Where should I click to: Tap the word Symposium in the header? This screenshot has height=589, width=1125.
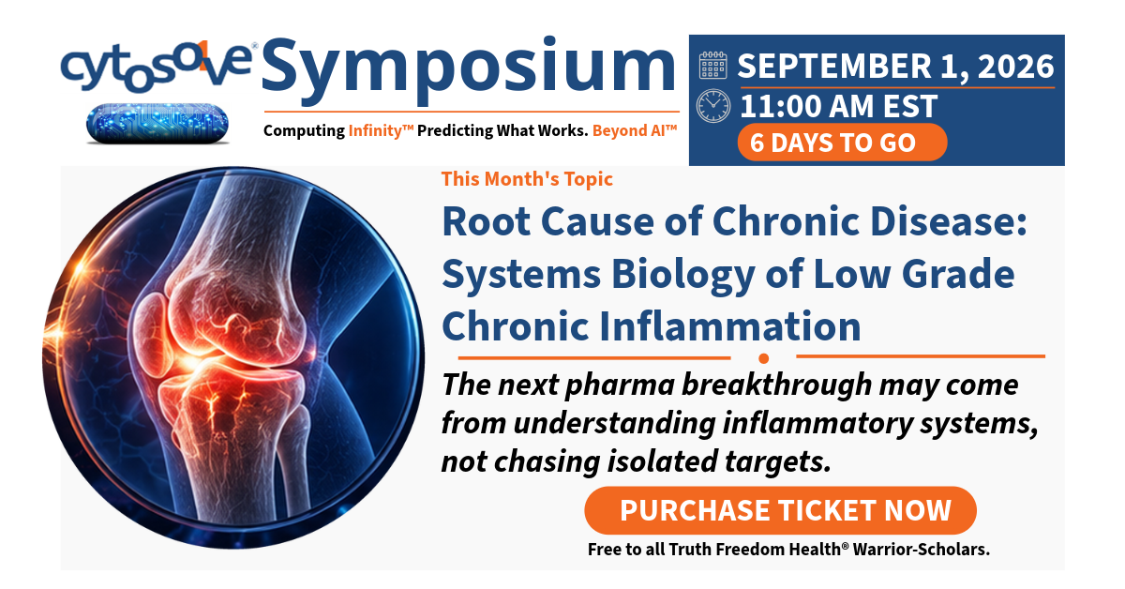click(469, 70)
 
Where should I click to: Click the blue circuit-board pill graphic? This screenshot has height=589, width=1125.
click(157, 123)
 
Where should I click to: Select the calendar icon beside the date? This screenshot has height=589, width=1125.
click(712, 66)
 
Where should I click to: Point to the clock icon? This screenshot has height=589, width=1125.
click(713, 106)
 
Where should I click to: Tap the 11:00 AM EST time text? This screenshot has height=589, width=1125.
click(839, 106)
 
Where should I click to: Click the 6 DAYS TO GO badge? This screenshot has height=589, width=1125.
click(842, 143)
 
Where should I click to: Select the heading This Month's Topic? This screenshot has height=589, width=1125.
click(527, 179)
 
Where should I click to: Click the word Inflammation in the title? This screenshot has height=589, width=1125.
click(729, 326)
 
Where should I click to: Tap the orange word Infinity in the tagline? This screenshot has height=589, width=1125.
click(381, 130)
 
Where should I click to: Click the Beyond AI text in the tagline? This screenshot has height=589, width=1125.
click(635, 130)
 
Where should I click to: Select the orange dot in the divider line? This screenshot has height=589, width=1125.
click(763, 358)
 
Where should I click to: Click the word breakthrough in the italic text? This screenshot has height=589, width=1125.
click(776, 385)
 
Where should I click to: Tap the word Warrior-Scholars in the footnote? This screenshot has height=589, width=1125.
click(921, 550)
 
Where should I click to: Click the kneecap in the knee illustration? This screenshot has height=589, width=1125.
click(150, 334)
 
